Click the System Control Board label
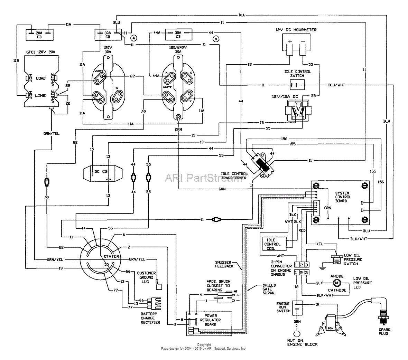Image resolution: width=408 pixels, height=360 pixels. point(343,197)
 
